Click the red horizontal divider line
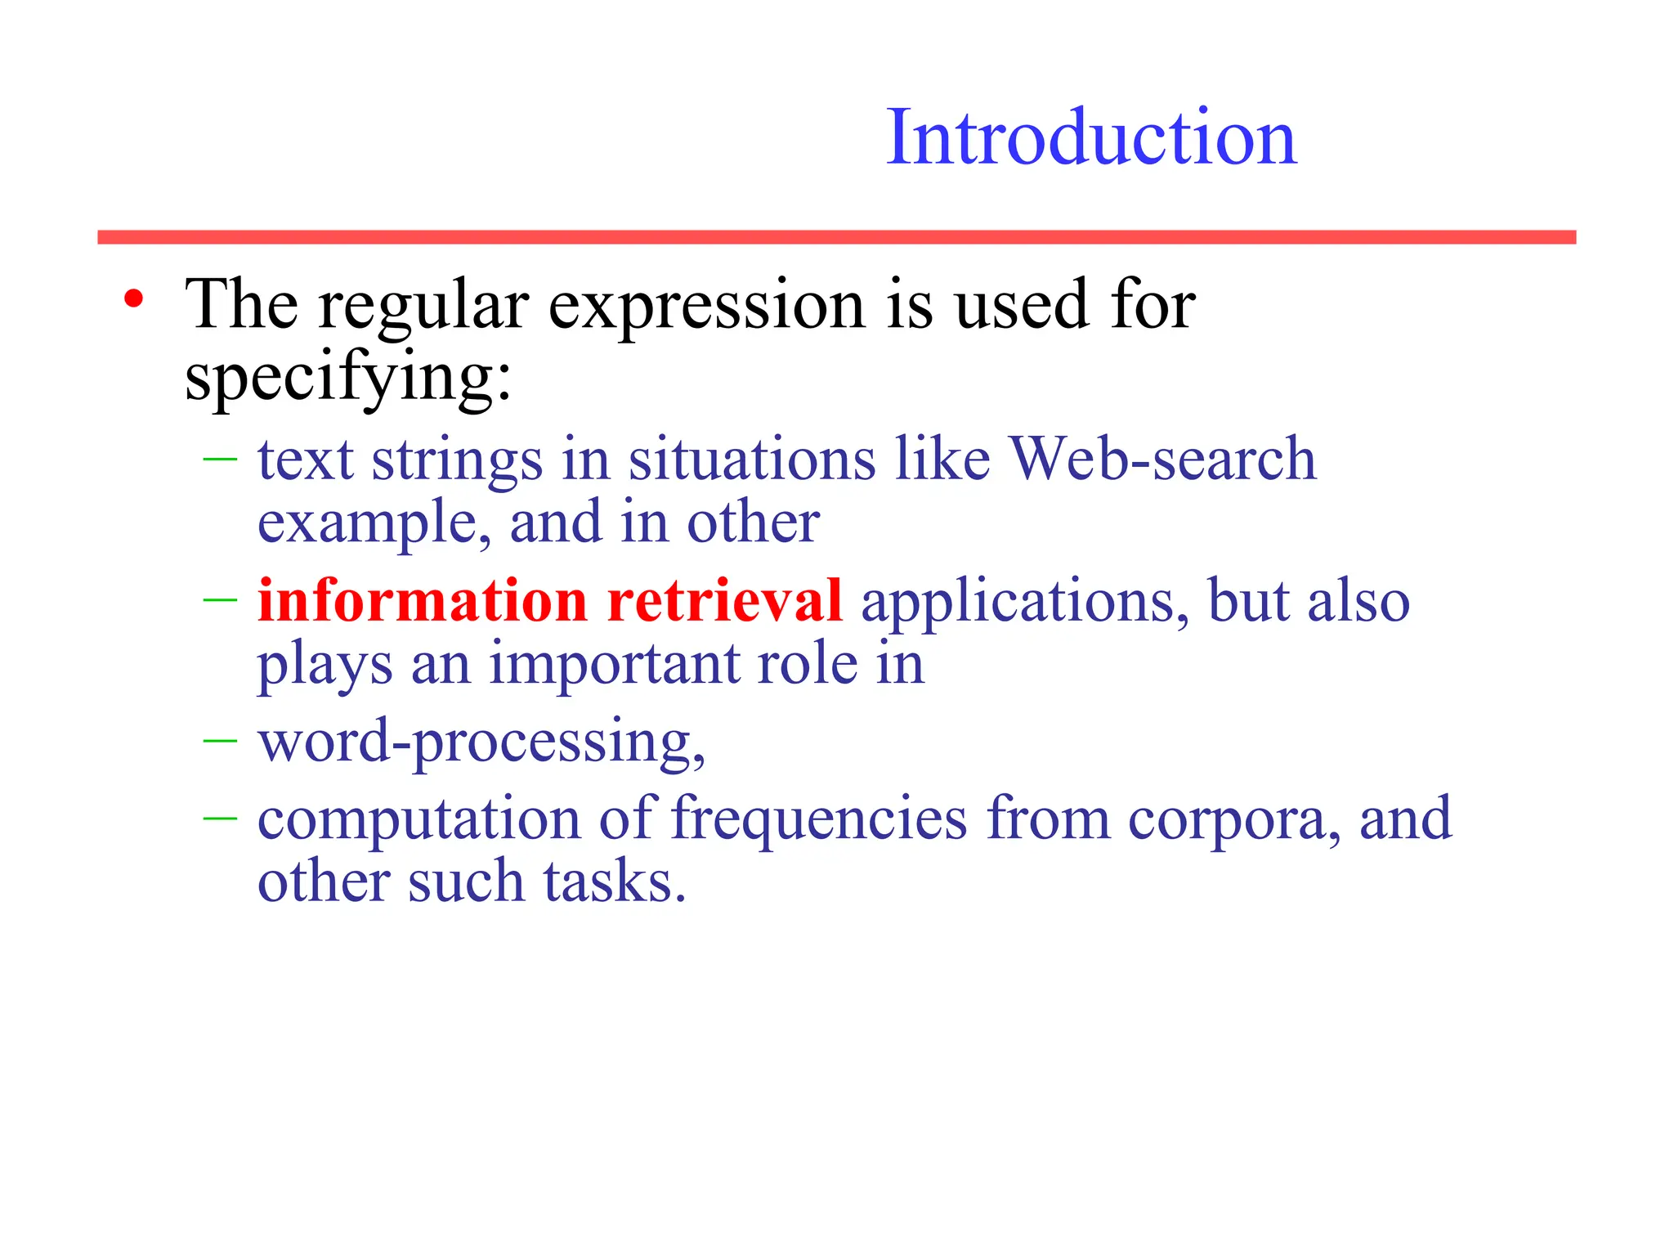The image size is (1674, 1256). point(836,237)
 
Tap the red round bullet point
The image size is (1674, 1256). point(134,298)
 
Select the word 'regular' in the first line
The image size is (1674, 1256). point(423,307)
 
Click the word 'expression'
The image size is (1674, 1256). point(706,307)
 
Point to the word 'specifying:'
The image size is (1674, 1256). point(348,379)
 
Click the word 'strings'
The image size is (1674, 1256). point(457,460)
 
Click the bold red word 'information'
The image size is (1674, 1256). point(423,600)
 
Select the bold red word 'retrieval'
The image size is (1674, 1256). point(724,600)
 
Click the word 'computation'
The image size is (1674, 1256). point(418,819)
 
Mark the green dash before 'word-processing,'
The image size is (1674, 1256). point(219,741)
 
